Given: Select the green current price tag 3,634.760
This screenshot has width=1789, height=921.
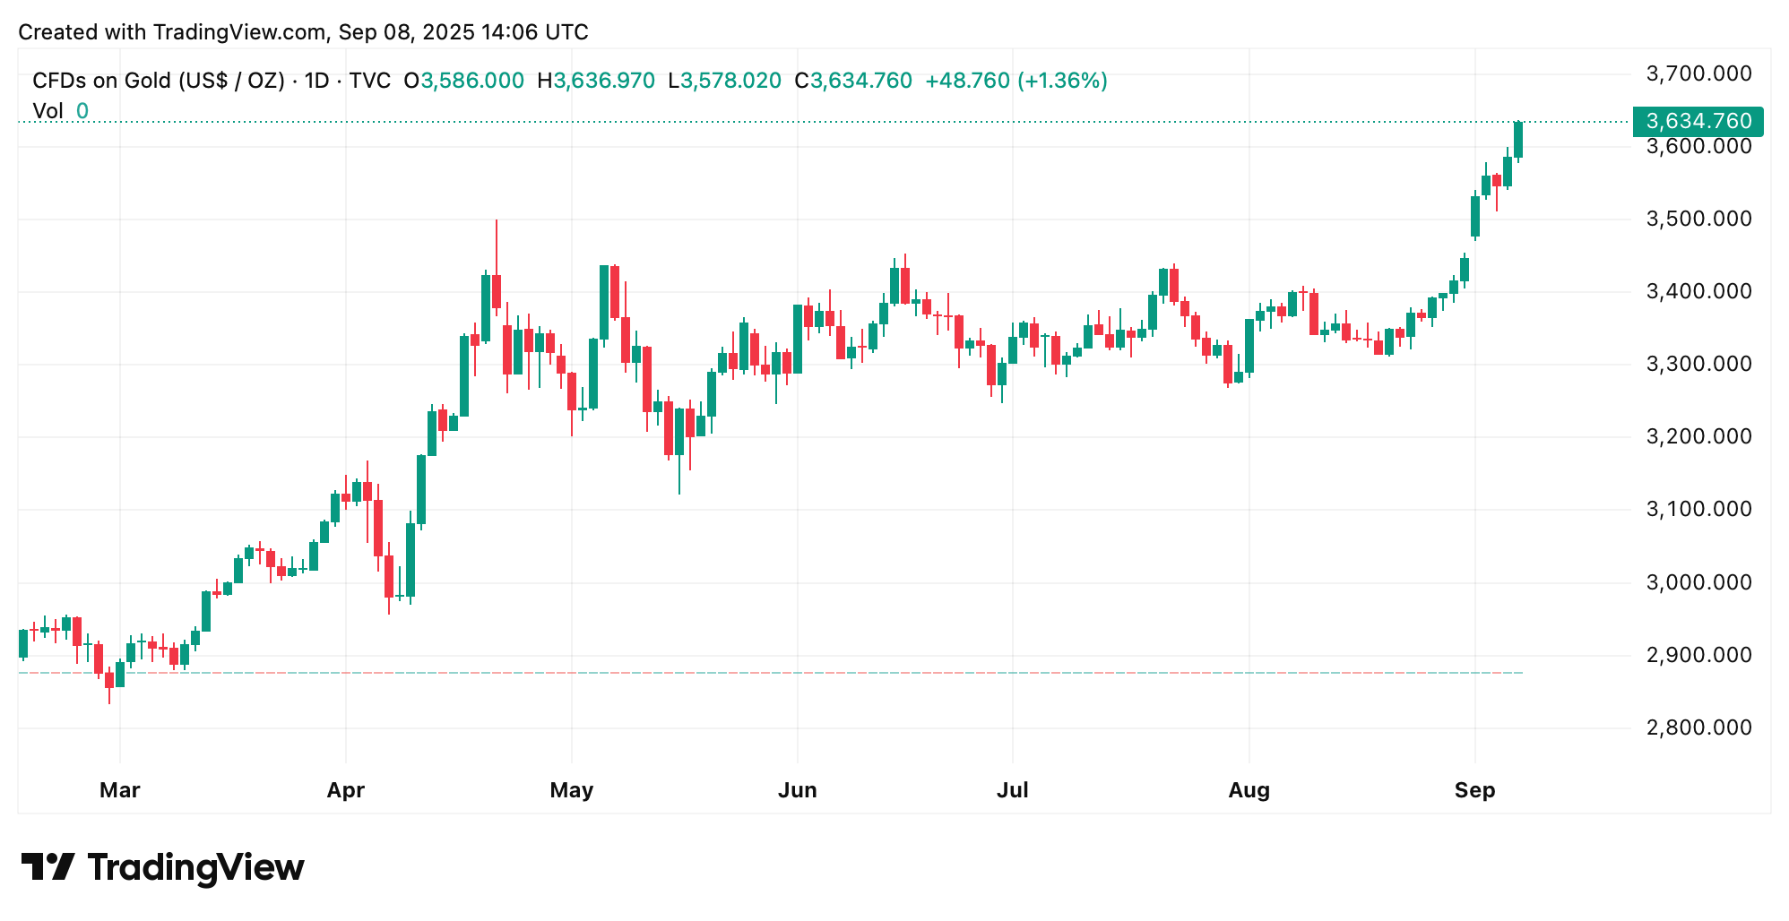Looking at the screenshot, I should (1698, 121).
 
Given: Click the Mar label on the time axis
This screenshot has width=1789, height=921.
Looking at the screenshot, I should (119, 790).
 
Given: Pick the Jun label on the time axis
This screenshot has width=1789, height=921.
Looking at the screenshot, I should (797, 790).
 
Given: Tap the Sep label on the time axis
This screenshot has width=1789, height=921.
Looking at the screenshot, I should (1474, 790).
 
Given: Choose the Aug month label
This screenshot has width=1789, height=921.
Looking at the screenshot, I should (1249, 790).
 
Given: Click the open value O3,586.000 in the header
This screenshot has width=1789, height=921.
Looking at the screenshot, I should (463, 81).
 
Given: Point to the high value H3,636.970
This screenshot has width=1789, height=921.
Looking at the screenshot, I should (596, 81).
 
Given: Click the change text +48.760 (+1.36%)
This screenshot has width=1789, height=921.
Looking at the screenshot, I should (1015, 81).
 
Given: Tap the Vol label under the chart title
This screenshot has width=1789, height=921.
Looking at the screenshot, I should (48, 111).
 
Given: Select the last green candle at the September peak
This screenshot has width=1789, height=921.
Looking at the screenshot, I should (1518, 140).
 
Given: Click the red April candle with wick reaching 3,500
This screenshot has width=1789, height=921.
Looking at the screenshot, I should (497, 290).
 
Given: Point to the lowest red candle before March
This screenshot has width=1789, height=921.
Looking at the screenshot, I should (109, 681).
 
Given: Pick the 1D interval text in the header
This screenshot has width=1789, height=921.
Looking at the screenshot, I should (316, 81).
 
